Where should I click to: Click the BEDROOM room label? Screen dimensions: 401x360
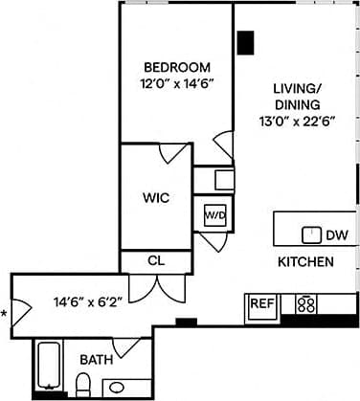point(176,67)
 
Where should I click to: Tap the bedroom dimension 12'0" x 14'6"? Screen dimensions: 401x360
point(176,83)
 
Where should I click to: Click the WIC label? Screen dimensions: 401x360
point(156,198)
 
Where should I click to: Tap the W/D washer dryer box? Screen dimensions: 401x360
point(214,215)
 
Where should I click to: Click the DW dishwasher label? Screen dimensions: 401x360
point(337,234)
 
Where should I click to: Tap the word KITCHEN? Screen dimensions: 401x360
point(305,262)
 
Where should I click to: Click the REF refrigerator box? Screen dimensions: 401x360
point(261,303)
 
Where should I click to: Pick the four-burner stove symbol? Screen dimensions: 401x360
point(307,304)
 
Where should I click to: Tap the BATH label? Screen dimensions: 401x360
point(95,360)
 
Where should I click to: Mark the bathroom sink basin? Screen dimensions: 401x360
point(119,388)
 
